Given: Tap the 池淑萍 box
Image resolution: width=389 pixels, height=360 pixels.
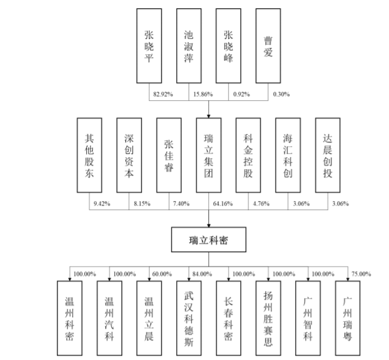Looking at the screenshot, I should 189,46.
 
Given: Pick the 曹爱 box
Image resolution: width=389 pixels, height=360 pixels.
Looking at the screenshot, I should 270,46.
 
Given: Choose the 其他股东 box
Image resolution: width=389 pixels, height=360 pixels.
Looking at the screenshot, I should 89,155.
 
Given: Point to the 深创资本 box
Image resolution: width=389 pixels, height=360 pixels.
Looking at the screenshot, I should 129,155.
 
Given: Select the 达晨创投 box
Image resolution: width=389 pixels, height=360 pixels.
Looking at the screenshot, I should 329,155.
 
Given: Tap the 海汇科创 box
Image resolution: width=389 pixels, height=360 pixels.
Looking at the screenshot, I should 289,155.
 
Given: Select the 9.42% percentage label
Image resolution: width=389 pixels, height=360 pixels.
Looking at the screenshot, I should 102,204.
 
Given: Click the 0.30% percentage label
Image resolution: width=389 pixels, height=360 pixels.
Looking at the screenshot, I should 281,94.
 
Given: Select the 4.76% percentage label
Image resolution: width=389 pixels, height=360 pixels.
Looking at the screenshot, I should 261,204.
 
